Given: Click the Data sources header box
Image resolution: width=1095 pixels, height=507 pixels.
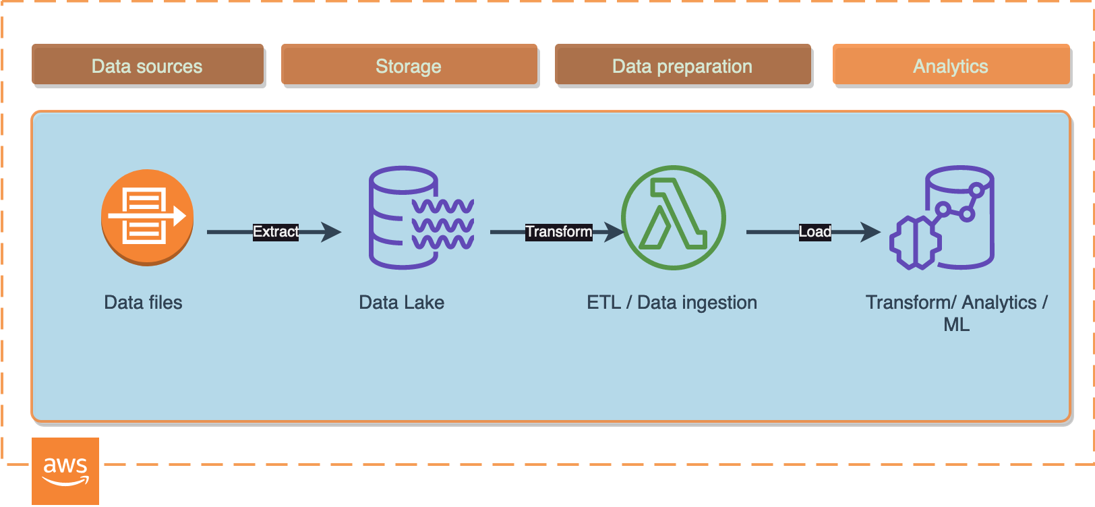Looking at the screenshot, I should [147, 65].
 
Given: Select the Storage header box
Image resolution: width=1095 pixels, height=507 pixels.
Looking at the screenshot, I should [409, 65].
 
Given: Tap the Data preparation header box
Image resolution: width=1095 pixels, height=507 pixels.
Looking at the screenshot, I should [682, 65].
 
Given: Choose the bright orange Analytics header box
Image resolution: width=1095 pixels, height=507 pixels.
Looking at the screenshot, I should [951, 65].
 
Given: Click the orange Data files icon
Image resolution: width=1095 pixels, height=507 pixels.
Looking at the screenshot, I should [147, 217].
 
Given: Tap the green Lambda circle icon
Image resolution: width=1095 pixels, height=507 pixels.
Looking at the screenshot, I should [673, 217].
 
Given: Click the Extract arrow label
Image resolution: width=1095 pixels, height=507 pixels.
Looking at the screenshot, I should [276, 232].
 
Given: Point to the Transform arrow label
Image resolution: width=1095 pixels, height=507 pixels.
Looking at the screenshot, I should [559, 232].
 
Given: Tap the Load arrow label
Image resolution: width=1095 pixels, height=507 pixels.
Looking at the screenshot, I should [815, 232].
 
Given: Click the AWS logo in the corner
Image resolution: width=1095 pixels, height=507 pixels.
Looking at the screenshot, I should [65, 471].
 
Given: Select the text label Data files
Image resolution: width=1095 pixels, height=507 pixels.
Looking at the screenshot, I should [143, 303].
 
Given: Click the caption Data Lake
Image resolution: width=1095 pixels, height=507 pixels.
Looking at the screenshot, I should [401, 303].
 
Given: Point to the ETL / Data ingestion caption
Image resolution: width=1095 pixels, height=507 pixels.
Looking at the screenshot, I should [672, 303].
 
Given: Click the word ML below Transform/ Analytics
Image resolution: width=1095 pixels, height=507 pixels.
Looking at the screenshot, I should [956, 325].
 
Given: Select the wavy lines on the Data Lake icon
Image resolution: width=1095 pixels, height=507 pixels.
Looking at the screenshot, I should [443, 224].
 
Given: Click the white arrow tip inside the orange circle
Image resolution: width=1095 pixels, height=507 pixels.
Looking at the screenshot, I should [180, 216].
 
